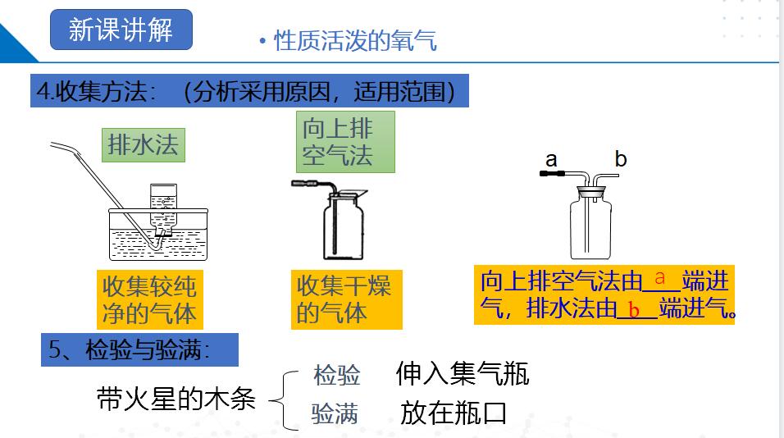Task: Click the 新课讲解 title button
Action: [x=121, y=30]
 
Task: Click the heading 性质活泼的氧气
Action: [x=354, y=40]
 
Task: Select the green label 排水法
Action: [x=143, y=145]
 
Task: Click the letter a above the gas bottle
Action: [x=551, y=157]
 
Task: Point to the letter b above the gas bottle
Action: [x=621, y=158]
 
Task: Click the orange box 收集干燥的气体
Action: [x=344, y=299]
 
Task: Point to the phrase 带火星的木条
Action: [x=175, y=399]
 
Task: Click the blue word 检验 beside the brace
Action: [x=337, y=376]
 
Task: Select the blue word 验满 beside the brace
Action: [x=335, y=413]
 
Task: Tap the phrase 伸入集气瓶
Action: [x=463, y=374]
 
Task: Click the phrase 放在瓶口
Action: [x=453, y=413]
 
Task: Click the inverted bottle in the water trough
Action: [x=163, y=211]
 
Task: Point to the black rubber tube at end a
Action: [x=549, y=174]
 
